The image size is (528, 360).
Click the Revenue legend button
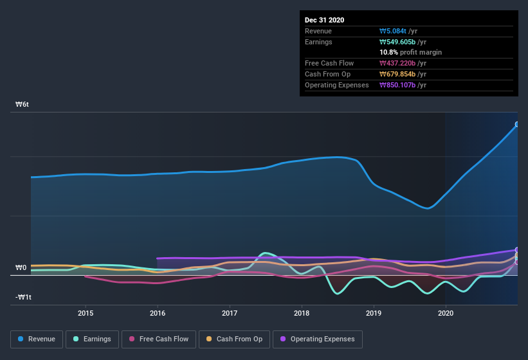click(37, 339)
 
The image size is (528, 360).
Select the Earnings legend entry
click(93, 339)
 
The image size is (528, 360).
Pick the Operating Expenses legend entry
click(317, 339)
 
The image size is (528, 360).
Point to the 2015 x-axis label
click(86, 313)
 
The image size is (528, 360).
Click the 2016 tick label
click(158, 313)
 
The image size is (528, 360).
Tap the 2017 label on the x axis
click(230, 313)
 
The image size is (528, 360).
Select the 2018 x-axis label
click(302, 313)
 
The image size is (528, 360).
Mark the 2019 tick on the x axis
click(374, 313)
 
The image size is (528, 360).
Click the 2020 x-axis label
click(446, 313)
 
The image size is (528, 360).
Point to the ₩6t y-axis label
click(23, 104)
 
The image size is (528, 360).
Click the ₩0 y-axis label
click(21, 268)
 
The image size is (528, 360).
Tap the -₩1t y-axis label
click(24, 297)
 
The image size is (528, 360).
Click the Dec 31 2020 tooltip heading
click(324, 20)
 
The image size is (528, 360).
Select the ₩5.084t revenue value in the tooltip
click(399, 31)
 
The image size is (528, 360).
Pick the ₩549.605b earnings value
click(403, 42)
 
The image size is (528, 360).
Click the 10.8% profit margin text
click(411, 52)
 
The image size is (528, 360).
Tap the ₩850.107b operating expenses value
click(403, 85)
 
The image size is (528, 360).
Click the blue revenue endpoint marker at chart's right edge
click(516, 125)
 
